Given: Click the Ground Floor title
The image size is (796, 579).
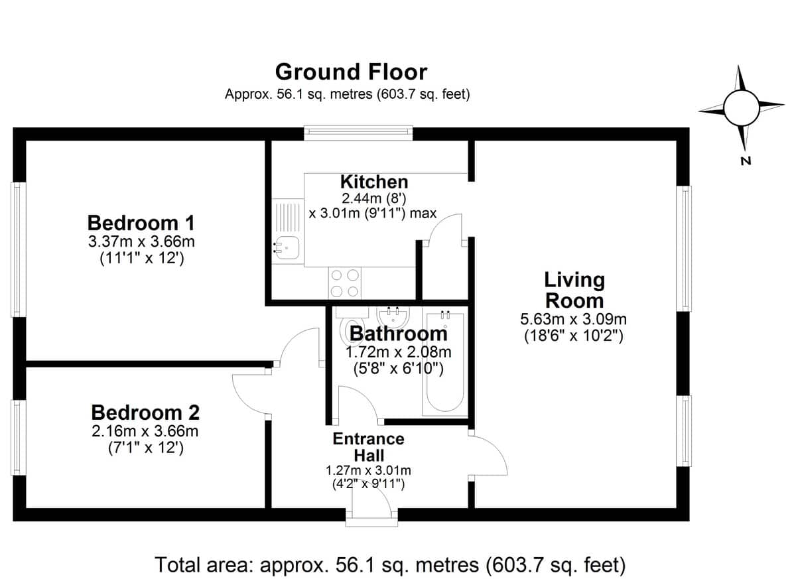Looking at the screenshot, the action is [x=351, y=72].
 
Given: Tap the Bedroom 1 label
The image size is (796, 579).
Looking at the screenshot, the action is [x=141, y=223].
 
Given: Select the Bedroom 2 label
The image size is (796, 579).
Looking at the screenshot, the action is [x=145, y=413].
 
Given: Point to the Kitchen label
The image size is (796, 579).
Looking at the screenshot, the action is [x=374, y=182].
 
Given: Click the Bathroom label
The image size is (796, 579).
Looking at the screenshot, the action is [x=399, y=334].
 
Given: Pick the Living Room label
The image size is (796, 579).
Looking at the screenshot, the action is [x=574, y=290].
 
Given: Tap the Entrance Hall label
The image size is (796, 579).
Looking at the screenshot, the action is [x=369, y=447].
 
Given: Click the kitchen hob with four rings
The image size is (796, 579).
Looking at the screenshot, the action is [x=345, y=283].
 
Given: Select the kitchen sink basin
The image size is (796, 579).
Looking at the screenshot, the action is [x=287, y=247].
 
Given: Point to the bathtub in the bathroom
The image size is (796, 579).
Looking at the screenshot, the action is [x=444, y=362].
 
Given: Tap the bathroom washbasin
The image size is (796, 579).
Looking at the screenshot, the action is [x=393, y=316].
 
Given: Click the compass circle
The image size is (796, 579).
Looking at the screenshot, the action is [x=742, y=108].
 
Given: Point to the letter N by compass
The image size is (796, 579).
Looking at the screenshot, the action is [x=746, y=161].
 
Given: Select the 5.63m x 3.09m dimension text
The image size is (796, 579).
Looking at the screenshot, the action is [x=573, y=319].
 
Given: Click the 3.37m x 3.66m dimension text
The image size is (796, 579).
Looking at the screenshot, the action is [x=141, y=242].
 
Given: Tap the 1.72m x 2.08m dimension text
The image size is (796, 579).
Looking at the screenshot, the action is [x=399, y=352].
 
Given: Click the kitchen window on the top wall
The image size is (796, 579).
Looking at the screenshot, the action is [x=358, y=133].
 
